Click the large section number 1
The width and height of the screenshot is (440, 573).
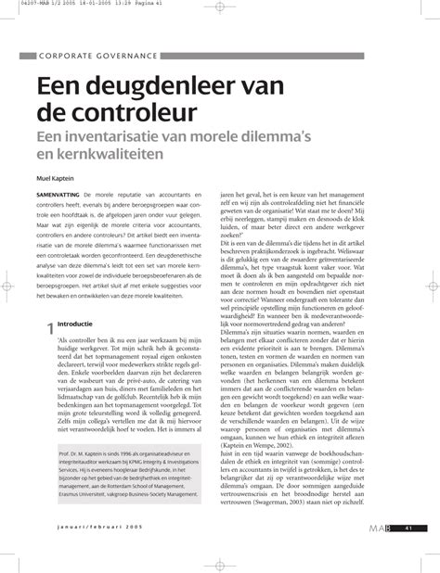coord(51,328)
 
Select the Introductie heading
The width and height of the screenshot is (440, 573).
coord(75,325)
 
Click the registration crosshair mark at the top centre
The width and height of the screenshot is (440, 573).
coord(220,10)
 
